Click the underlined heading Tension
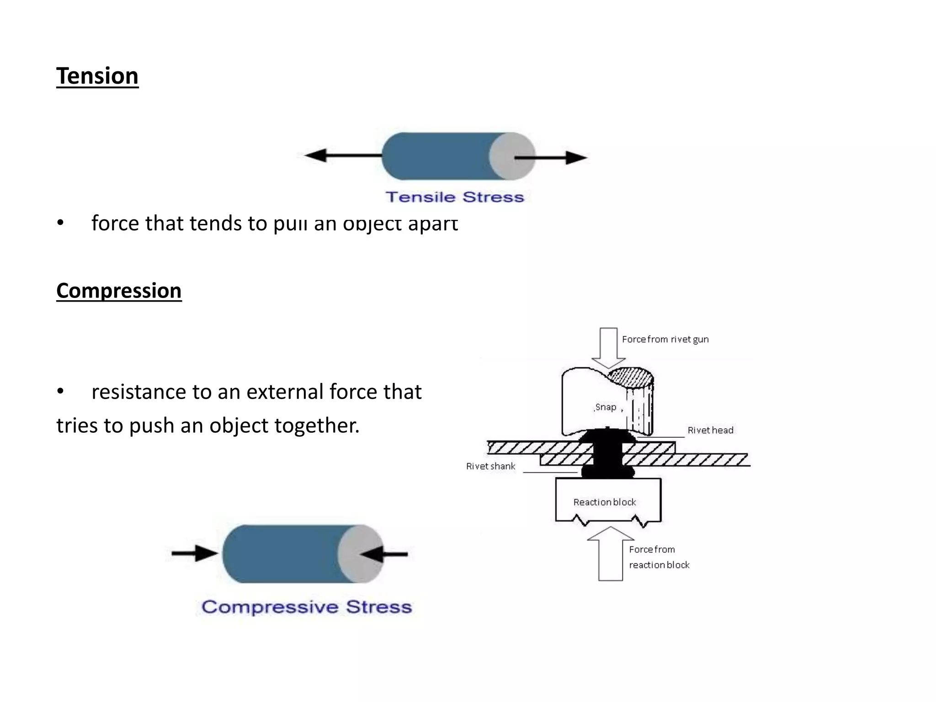pos(97,76)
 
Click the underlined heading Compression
pos(119,291)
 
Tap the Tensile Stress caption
pos(454,197)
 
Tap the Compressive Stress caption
pos(307,607)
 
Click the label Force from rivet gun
pos(665,339)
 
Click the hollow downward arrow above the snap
pos(608,347)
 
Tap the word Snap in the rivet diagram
pos(606,407)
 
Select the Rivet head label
pos(710,430)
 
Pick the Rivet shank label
pos(490,466)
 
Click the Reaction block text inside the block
pos(605,502)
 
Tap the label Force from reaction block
pos(658,557)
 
